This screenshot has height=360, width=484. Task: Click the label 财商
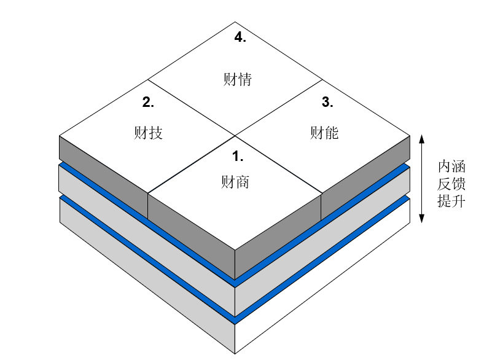point(235,182)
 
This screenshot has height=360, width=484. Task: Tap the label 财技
point(148,132)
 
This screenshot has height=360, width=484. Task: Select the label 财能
point(324,132)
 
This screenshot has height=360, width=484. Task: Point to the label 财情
point(237,79)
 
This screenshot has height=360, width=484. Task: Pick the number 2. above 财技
point(148,103)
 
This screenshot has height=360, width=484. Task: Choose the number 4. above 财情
point(240,37)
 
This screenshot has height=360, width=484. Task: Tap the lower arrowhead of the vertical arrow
point(421,219)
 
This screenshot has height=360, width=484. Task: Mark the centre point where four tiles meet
point(235,135)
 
